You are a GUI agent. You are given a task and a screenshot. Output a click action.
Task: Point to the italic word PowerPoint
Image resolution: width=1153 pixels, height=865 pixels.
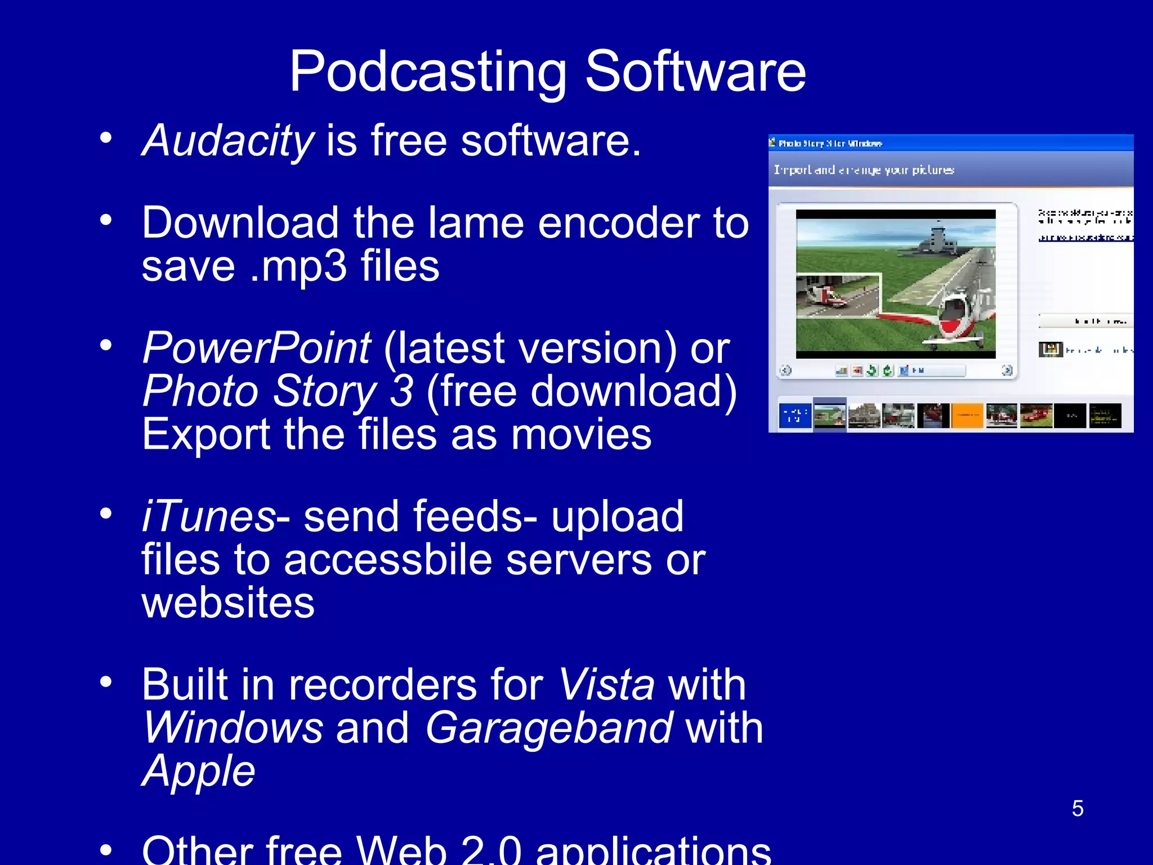257,348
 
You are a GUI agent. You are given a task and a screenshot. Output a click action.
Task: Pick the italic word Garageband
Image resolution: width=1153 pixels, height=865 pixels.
549,728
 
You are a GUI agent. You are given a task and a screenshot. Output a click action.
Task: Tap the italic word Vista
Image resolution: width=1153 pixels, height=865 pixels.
606,685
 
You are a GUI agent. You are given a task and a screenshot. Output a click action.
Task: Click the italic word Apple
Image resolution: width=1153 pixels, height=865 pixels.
199,770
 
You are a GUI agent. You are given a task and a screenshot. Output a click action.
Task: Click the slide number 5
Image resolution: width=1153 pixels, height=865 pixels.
1078,809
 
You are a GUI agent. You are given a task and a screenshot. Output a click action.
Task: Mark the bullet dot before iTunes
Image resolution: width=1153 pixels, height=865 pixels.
106,514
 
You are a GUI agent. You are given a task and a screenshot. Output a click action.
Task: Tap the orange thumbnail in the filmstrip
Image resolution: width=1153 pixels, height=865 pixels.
967,416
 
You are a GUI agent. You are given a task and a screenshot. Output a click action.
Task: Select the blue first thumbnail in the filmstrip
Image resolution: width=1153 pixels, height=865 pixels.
795,416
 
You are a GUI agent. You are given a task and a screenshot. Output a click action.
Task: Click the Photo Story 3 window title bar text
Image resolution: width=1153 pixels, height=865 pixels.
830,144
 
